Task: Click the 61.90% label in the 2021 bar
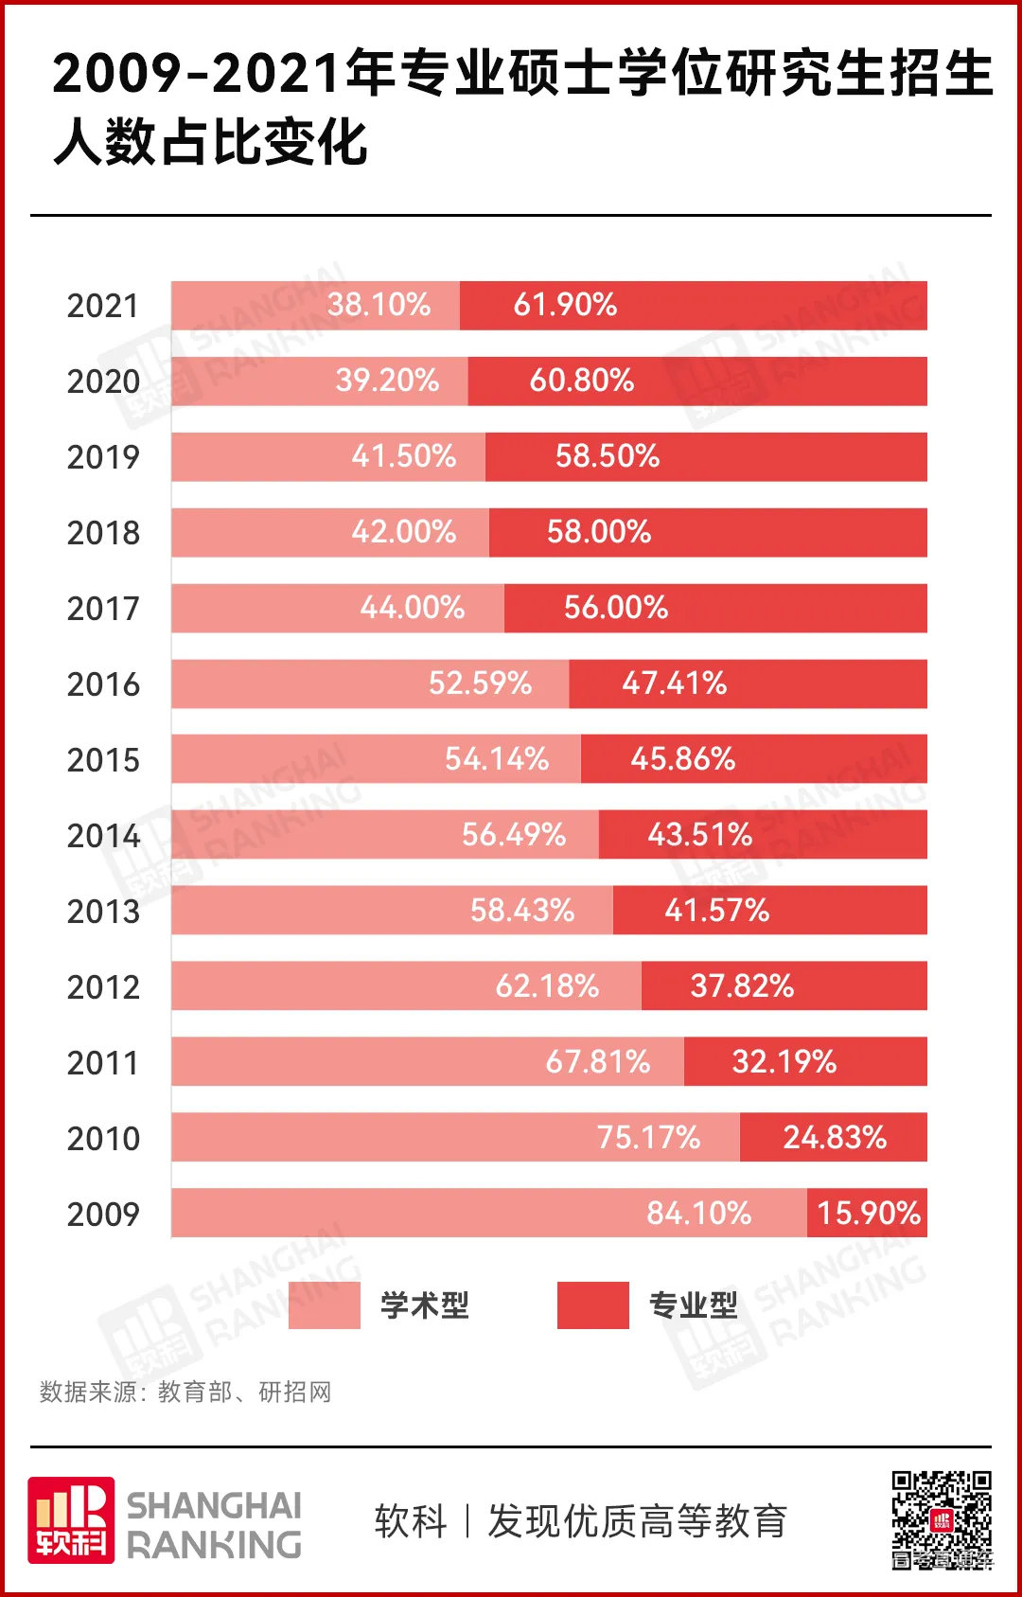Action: coord(565,305)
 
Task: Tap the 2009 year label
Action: coord(103,1215)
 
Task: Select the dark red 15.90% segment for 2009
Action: coord(867,1213)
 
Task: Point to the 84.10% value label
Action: coord(698,1214)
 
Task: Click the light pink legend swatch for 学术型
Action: coord(324,1305)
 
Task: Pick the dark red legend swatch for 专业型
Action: coord(592,1305)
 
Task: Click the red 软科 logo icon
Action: coord(71,1519)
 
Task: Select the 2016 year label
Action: coord(103,684)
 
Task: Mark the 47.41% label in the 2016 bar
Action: coord(674,683)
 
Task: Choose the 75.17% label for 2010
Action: coord(648,1138)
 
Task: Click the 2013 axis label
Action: coord(103,912)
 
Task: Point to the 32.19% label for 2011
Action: coord(784,1062)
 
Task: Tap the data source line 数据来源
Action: coord(185,1393)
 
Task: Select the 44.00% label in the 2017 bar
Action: coord(412,608)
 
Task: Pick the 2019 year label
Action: coord(103,457)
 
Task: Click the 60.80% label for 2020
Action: coord(581,381)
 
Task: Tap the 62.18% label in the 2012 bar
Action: coord(547,986)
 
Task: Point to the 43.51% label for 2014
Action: coord(699,835)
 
